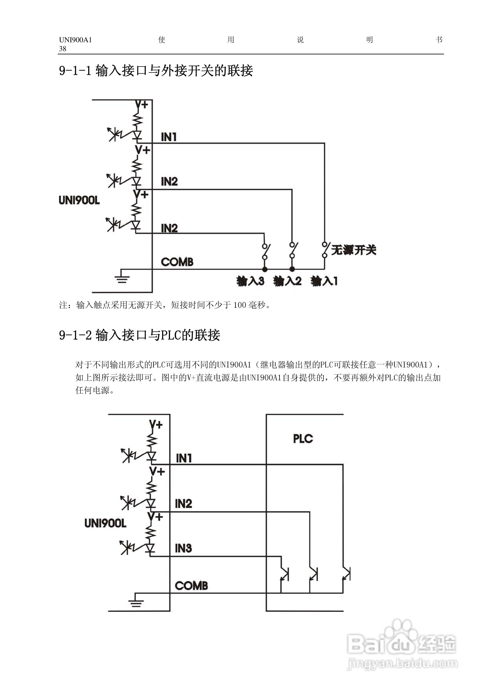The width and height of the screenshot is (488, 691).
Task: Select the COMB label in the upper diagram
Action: click(177, 262)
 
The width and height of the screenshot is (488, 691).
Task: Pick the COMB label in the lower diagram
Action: click(191, 586)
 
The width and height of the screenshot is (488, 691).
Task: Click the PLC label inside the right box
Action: click(303, 438)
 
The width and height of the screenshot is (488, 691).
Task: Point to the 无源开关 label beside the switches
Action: click(353, 250)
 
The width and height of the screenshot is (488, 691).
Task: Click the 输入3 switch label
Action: click(250, 281)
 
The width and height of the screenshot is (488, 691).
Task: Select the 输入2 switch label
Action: click(287, 281)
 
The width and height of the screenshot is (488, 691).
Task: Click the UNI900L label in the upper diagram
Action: click(79, 200)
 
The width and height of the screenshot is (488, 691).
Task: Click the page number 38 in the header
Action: click(63, 49)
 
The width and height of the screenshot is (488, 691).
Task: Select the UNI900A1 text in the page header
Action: click(75, 40)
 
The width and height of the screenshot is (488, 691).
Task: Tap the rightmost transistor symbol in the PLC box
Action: click(346, 574)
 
